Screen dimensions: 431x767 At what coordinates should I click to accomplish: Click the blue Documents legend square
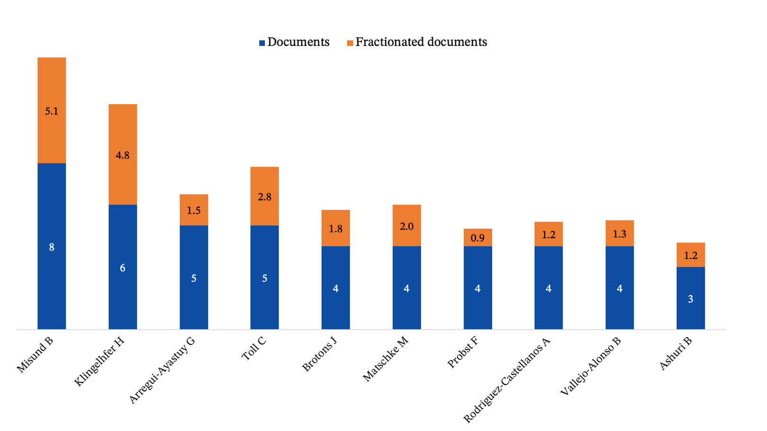click(262, 43)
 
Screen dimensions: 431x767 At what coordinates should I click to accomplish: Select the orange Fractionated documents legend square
click(350, 43)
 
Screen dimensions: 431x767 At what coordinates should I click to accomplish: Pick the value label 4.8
click(123, 155)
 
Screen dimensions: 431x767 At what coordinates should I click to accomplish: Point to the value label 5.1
click(52, 111)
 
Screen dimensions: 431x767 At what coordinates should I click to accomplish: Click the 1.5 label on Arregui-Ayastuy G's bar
click(194, 210)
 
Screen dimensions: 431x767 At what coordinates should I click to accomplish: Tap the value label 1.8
click(336, 229)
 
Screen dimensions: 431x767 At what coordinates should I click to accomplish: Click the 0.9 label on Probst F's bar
click(477, 238)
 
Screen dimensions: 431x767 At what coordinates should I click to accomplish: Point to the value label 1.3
click(620, 234)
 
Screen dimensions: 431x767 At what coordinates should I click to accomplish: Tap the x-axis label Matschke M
click(385, 359)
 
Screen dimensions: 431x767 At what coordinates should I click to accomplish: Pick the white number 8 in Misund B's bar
click(52, 247)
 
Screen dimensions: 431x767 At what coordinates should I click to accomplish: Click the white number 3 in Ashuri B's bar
click(691, 299)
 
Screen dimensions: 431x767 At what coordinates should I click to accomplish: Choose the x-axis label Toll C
click(254, 349)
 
